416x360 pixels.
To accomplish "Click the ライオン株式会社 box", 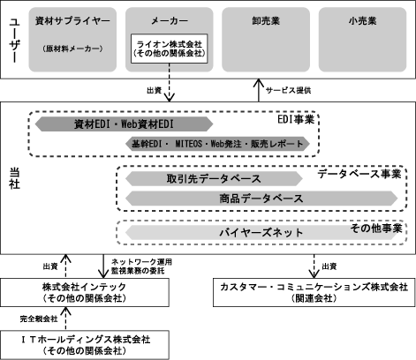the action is pos(170,49).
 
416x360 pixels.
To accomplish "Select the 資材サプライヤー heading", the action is pos(72,21).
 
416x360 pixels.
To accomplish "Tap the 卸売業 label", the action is pos(266,21).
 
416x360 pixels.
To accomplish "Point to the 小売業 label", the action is pos(362,21).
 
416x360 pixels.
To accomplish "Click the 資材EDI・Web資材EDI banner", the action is pos(124,124).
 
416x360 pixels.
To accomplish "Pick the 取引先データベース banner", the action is pos(214,179).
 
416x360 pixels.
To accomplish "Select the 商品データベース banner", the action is pos(261,199).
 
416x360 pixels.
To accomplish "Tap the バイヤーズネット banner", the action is pos(261,233).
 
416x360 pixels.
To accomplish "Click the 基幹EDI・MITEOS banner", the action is pos(217,144).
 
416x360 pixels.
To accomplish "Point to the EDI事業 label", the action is pos(296,119).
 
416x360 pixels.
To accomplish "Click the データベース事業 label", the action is pos(359,174).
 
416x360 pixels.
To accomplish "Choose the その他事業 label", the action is pos(376,229).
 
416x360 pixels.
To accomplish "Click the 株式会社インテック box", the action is pos(85,293).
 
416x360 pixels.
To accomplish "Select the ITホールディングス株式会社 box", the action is pos(85,345).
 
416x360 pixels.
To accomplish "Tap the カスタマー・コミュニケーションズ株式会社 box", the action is pos(314,293).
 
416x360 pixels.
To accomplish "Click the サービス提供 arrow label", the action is pos(289,90).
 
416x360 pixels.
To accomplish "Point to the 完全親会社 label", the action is pos(39,319).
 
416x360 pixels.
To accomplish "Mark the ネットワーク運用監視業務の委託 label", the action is pos(141,266).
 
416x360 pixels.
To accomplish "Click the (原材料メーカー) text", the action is pos(72,49).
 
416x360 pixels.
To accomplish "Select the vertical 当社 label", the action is pos(14,178).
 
